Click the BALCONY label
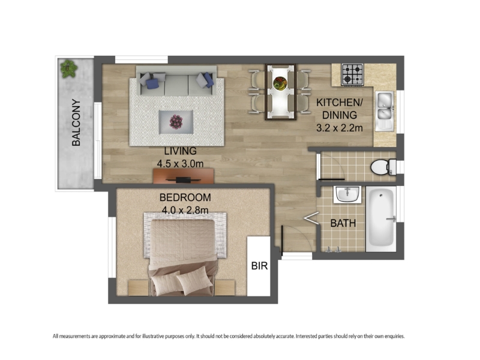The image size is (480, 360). click(76, 122)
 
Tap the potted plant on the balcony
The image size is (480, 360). click(68, 68)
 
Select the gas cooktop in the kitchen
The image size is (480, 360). click(352, 74)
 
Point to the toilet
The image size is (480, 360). click(383, 167)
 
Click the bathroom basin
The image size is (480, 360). click(347, 194)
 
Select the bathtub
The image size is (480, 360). click(381, 219)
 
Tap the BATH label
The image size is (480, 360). click(343, 223)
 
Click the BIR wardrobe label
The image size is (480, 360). click(259, 266)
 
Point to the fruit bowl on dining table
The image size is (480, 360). click(280, 83)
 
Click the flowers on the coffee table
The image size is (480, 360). click(176, 122)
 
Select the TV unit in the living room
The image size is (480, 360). click(184, 176)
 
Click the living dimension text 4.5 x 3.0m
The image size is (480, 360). click(181, 164)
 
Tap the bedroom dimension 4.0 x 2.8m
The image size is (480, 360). click(185, 211)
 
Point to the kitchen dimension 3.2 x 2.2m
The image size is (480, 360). click(340, 128)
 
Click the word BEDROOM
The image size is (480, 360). click(185, 197)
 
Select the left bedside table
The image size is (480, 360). click(139, 288)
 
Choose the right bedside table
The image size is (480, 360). click(224, 288)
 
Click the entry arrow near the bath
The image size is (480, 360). click(311, 218)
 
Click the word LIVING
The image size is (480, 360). click(181, 151)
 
